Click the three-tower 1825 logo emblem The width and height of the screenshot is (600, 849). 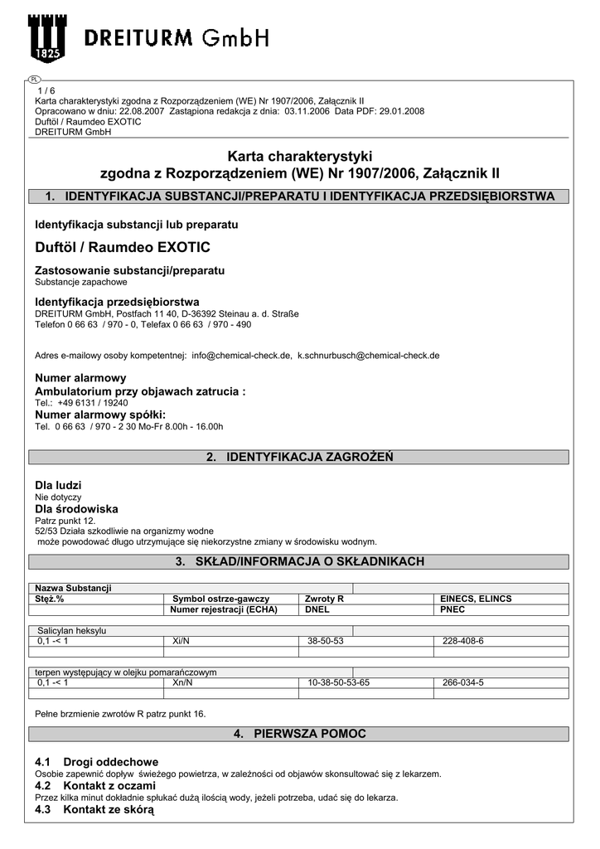coord(48,39)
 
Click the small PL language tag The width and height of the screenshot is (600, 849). coord(34,80)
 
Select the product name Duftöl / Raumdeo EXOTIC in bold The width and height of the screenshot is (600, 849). coord(123,247)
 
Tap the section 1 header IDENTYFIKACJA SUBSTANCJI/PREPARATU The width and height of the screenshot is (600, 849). coord(299,196)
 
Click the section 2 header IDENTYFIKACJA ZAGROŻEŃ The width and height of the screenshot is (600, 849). coord(299,457)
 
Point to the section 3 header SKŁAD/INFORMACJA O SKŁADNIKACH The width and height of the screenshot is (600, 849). coord(299,562)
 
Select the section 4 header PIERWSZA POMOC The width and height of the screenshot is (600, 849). coord(299,735)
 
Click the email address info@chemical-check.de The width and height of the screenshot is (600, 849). coord(241,355)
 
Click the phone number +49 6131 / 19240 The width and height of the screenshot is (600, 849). coord(93,402)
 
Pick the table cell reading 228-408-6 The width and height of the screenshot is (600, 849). coord(463,641)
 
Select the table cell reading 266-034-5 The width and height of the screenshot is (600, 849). coord(463,682)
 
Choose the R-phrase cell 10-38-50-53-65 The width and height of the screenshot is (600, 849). coord(338,682)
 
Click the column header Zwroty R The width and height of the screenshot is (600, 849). coord(324,599)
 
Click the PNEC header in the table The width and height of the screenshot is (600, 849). coord(452,609)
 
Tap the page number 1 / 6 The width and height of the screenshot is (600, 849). coord(46,90)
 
